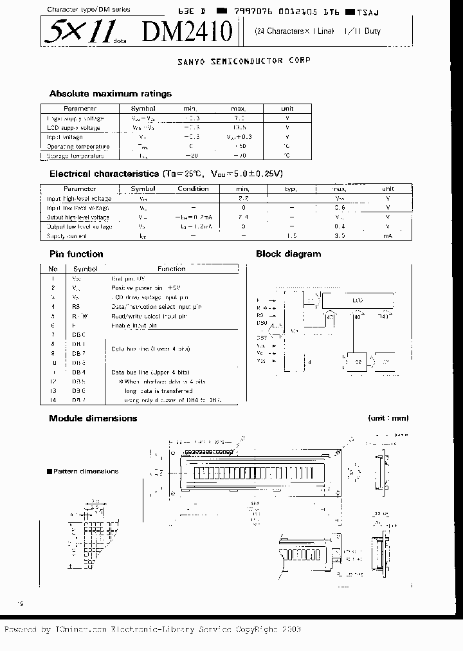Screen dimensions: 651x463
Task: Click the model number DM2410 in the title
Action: pos(192,31)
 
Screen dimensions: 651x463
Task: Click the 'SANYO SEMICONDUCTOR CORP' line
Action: pos(244,60)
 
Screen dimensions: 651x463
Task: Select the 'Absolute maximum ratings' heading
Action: pos(110,93)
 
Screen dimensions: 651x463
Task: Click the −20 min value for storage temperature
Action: pos(192,156)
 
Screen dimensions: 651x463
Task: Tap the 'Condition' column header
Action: pos(193,189)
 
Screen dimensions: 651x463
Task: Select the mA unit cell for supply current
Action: pos(388,236)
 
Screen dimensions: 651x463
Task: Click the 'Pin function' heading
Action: pos(76,254)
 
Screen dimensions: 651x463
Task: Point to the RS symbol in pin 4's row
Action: pos(76,307)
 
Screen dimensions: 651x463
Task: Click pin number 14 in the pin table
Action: pos(53,399)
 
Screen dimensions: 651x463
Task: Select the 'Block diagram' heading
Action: pos(288,254)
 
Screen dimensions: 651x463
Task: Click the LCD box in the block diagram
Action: pos(357,300)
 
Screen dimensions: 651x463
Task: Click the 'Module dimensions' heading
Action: pos(93,418)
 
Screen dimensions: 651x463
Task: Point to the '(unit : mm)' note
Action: pos(388,418)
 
